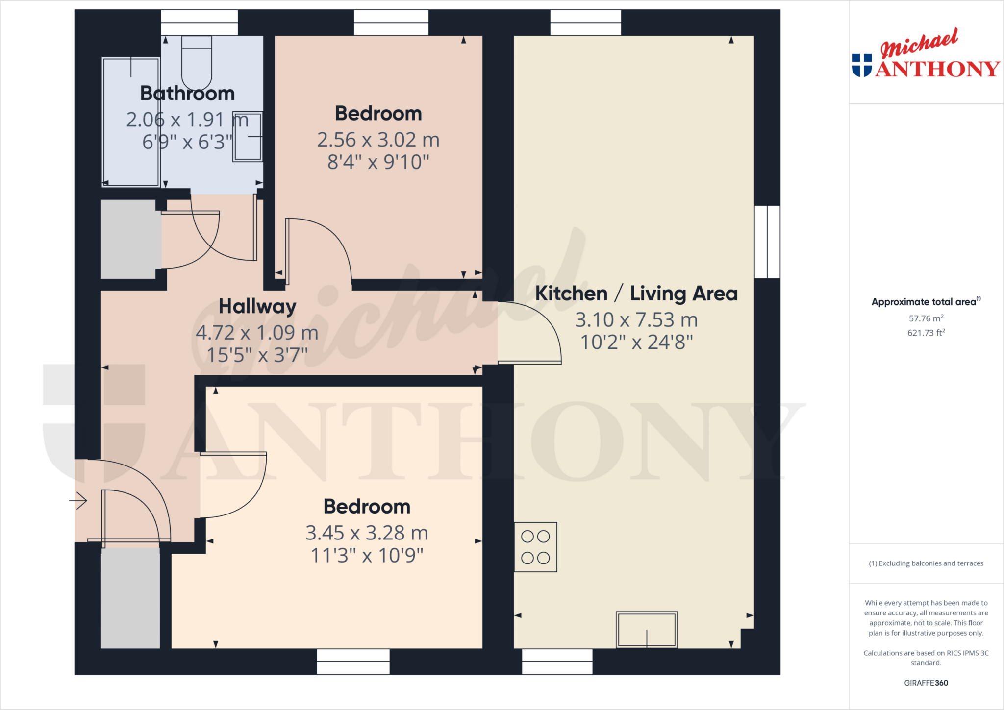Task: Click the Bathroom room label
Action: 187,94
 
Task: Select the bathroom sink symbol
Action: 248,137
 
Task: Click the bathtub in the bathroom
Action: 131,122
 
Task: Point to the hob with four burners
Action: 535,547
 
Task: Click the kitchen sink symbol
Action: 647,630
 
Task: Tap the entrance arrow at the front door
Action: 78,501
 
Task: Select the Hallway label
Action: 257,307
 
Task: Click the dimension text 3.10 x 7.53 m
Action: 636,320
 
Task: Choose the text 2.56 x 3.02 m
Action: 378,140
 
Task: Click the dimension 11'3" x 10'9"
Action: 367,556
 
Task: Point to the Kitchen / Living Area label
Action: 636,294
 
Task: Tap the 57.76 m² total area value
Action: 926,318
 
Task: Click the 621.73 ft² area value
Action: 926,333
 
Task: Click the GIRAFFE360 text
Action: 926,683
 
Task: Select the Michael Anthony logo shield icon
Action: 862,66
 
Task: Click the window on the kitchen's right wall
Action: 767,242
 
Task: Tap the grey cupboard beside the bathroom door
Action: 128,239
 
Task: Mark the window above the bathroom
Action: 199,23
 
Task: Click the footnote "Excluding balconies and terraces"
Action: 926,563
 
